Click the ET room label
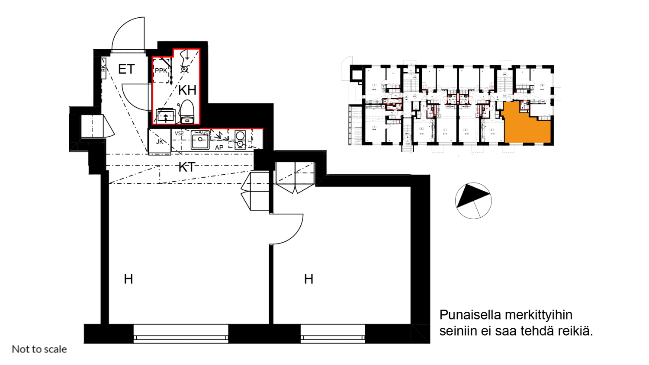click(x=126, y=69)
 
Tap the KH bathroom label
click(x=187, y=90)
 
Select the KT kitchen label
click(x=187, y=167)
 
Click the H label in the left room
click(x=129, y=279)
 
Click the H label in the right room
click(x=308, y=279)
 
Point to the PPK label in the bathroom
click(x=161, y=70)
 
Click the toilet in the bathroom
click(x=187, y=112)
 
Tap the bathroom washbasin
click(x=166, y=116)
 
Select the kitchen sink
click(x=200, y=139)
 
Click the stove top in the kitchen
click(x=240, y=139)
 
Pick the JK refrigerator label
click(x=160, y=141)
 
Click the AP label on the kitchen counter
click(x=219, y=147)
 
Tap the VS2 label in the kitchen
click(x=179, y=133)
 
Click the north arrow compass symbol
click(x=474, y=201)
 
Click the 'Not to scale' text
click(x=39, y=349)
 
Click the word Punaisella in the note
click(x=470, y=315)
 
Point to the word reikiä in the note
click(x=575, y=331)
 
